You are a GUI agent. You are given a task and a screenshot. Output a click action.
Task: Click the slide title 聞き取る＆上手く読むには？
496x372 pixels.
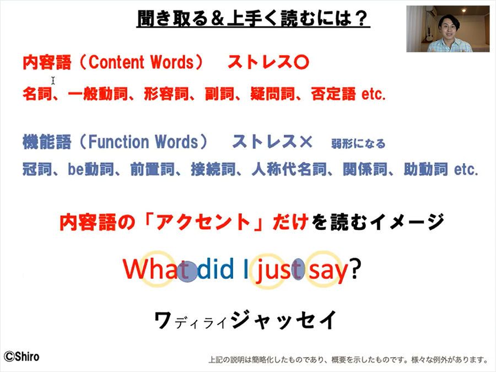(x=253, y=18)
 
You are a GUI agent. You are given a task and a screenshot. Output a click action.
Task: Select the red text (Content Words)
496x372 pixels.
(x=141, y=62)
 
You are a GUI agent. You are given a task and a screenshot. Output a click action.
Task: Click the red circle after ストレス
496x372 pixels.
(x=301, y=62)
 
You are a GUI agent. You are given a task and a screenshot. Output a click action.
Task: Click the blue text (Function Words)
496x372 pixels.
(x=143, y=142)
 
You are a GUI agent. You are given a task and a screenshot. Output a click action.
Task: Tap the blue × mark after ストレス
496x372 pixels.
(x=305, y=142)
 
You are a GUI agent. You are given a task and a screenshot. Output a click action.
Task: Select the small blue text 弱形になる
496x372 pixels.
(x=358, y=144)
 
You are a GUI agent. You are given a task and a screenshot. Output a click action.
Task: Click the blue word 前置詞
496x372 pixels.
(x=153, y=169)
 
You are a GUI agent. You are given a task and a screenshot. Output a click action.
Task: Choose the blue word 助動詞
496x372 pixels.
(x=426, y=169)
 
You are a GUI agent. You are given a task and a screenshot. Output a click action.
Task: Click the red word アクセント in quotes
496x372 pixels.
(x=203, y=222)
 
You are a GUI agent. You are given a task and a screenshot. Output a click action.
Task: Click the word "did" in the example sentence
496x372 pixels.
(x=215, y=269)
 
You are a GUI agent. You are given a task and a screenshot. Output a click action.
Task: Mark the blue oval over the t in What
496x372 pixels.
(x=187, y=272)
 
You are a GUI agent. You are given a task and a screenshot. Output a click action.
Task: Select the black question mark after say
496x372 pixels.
(x=355, y=268)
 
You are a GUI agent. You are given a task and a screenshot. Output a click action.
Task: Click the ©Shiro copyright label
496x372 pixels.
(x=21, y=357)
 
